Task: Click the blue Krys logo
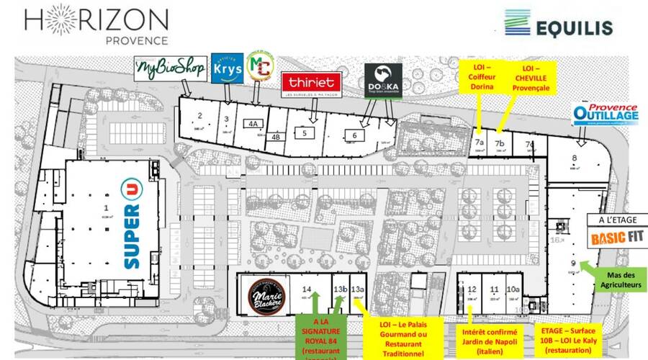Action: click(x=226, y=68)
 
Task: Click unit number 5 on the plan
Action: click(x=305, y=132)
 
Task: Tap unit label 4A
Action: click(x=253, y=123)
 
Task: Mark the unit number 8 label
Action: click(x=575, y=158)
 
